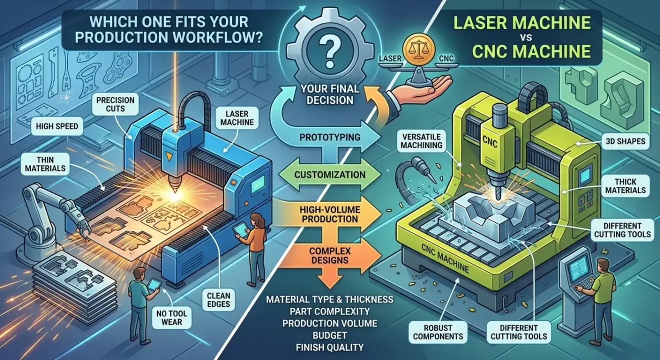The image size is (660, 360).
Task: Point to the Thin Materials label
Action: coord(45,164)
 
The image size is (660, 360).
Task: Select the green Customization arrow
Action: coord(330,175)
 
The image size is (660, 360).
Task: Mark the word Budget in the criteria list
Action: coord(329,334)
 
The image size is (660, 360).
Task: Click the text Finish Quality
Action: coord(329,346)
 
